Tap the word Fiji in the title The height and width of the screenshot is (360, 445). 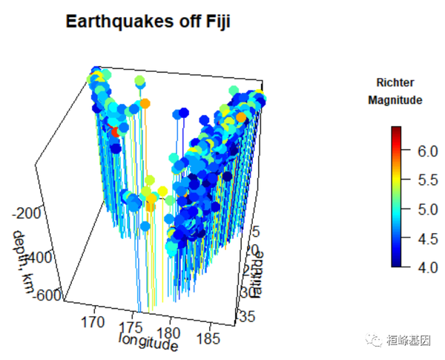point(216,22)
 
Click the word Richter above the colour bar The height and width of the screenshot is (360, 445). point(395,82)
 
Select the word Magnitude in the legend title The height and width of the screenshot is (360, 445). point(395,99)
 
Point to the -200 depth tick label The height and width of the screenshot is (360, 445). point(27,214)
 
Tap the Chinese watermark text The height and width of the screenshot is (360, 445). point(409,339)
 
